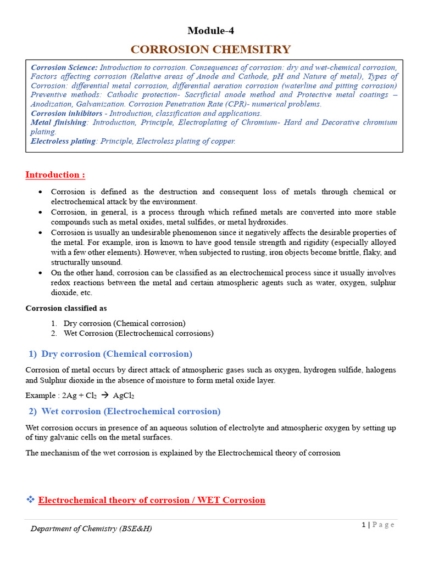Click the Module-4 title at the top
point(210,31)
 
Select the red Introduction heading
point(55,175)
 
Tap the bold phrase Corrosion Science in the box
point(64,67)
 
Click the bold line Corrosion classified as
point(66,308)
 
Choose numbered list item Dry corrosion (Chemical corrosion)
point(124,323)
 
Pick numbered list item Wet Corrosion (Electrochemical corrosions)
point(138,333)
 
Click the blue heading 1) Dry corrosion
point(110,353)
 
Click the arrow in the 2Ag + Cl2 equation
point(102,395)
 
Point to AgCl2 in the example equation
point(124,396)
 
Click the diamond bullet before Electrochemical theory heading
point(30,500)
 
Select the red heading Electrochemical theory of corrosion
point(152,500)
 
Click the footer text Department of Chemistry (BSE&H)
point(91,529)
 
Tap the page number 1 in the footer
point(363,525)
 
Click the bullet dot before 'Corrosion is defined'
point(42,192)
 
